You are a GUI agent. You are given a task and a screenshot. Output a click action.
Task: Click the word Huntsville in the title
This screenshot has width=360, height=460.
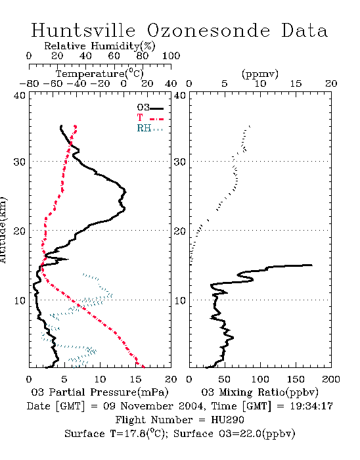pos(83,30)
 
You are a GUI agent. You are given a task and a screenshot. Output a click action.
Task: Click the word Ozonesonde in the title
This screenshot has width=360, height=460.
pos(208,30)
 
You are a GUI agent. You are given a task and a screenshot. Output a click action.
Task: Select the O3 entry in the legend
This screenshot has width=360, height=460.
pos(150,108)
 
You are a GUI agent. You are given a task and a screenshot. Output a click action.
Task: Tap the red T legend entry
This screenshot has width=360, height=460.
pos(150,118)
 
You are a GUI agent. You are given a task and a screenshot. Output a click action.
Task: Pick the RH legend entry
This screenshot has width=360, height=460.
pos(150,128)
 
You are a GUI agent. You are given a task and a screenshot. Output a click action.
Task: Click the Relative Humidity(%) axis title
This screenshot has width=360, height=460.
pos(100,46)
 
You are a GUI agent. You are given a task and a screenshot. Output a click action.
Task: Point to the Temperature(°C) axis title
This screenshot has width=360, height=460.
pos(100,74)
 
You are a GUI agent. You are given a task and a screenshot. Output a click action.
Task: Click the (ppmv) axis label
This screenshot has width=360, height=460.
pos(260,74)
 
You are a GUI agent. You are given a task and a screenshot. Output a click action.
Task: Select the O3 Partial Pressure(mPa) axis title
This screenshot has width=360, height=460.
pos(100,392)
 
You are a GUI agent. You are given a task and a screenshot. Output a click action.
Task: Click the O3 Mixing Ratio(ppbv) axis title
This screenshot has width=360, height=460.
pos(259,392)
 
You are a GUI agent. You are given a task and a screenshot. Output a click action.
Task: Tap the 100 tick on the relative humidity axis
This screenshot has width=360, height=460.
pos(171,56)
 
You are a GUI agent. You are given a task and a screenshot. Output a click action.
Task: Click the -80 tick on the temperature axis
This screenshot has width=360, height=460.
pos(29,83)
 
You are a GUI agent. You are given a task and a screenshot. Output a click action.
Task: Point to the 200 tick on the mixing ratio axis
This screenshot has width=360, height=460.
pos(331,379)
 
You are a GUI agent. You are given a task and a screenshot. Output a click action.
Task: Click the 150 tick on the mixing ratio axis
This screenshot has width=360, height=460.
pos(296,379)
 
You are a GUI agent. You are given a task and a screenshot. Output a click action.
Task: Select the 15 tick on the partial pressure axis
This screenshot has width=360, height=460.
pos(135,379)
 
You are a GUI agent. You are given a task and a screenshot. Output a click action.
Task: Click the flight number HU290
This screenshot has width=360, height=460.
pos(227,420)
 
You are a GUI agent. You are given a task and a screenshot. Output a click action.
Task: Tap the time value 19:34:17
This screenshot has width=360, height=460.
pos(311,406)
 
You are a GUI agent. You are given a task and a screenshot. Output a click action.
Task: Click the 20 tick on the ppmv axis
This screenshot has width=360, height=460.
pos(331,83)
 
